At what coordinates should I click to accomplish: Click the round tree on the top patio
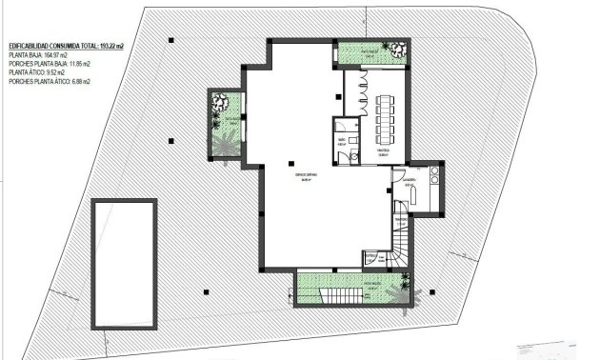[x=393, y=49]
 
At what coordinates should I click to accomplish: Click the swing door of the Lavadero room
[x=397, y=177]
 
